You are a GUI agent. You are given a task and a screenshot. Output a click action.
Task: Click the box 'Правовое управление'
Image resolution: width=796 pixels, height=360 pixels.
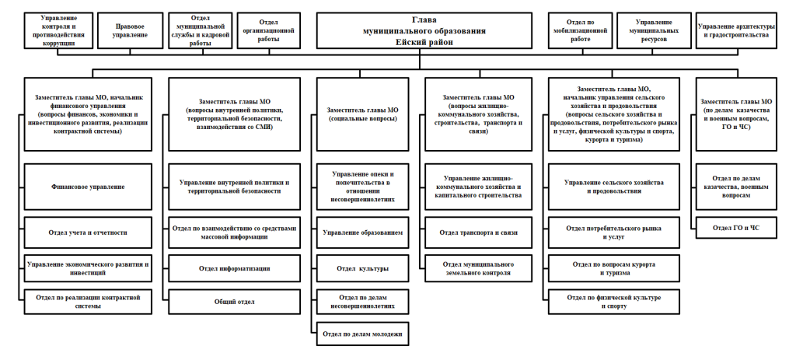pyautogui.click(x=131, y=31)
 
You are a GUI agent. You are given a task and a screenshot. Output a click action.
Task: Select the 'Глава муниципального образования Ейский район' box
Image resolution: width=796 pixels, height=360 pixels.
pyautogui.click(x=424, y=31)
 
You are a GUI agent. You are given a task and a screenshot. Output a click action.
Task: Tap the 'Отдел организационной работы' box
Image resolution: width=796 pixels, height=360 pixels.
pyautogui.click(x=269, y=31)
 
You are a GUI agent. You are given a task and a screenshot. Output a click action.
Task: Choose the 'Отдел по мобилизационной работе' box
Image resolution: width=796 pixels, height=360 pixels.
pyautogui.click(x=580, y=31)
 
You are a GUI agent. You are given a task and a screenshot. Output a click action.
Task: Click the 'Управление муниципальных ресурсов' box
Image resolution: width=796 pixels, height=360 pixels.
pyautogui.click(x=654, y=31)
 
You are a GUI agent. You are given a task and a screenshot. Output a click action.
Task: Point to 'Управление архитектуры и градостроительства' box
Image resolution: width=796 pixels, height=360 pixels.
pyautogui.click(x=736, y=31)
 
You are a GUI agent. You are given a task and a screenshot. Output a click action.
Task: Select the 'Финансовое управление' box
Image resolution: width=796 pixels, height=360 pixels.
pyautogui.click(x=88, y=187)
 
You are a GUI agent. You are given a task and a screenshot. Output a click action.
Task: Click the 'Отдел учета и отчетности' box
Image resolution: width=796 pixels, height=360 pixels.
pyautogui.click(x=88, y=232)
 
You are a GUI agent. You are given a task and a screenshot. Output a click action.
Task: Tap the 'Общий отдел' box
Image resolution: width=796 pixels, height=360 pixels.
pyautogui.click(x=234, y=302)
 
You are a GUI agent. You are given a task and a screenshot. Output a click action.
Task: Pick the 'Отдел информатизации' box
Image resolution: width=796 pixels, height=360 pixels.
pyautogui.click(x=234, y=268)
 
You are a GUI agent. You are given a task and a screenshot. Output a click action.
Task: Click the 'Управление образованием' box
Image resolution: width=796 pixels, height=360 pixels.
pyautogui.click(x=362, y=232)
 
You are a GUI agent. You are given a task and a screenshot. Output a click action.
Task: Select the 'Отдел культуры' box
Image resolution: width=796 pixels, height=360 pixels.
pyautogui.click(x=362, y=268)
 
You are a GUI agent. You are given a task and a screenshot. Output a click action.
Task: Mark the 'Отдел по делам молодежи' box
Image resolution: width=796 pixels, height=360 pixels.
pyautogui.click(x=362, y=334)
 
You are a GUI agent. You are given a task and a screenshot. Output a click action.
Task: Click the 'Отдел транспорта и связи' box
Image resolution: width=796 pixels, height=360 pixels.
pyautogui.click(x=478, y=232)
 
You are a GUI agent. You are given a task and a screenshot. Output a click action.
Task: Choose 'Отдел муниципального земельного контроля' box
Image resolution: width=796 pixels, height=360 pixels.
pyautogui.click(x=478, y=268)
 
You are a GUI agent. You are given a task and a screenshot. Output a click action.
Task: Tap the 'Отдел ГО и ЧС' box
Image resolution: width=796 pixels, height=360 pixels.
pyautogui.click(x=736, y=228)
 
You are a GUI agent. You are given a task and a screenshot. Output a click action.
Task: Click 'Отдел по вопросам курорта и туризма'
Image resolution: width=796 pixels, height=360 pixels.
pyautogui.click(x=614, y=268)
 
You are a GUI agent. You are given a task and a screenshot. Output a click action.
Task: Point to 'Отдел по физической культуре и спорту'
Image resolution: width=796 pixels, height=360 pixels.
pyautogui.click(x=614, y=302)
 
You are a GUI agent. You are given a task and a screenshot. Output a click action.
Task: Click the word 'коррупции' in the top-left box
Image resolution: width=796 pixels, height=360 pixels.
pyautogui.click(x=59, y=44)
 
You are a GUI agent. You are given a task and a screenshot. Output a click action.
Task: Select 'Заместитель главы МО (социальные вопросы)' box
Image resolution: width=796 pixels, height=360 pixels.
pyautogui.click(x=362, y=114)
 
